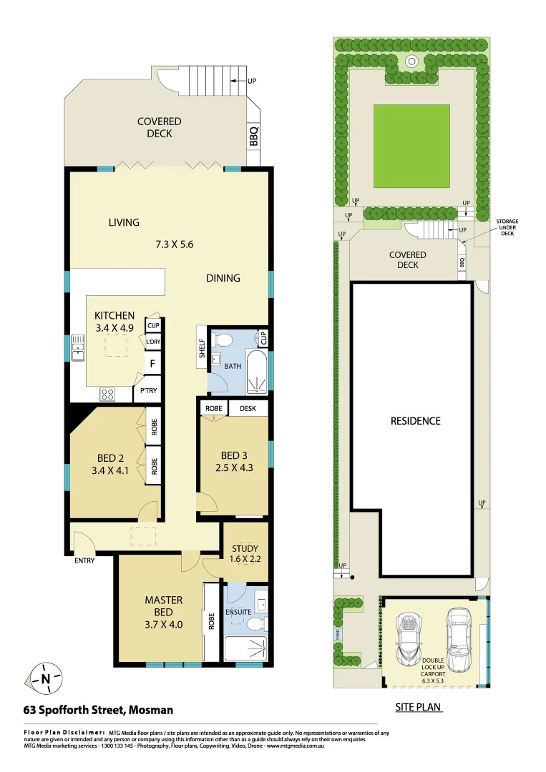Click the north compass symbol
45,677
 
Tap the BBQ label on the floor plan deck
253,136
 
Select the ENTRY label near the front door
84,560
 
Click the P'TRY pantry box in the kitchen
148,391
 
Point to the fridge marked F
152,365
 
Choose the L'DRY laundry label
152,342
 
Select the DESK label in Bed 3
248,408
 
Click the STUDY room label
245,549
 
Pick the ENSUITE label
238,592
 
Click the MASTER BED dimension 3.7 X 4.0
164,623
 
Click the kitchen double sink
77,348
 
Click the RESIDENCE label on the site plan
415,421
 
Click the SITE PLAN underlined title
418,708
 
